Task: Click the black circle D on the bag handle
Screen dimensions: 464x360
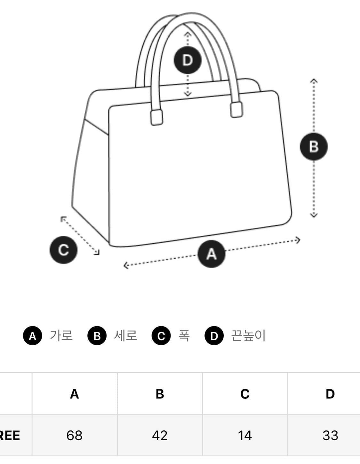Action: coord(188,60)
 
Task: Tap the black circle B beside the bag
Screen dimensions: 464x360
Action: coord(314,147)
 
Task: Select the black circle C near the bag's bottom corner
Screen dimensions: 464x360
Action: coord(63,250)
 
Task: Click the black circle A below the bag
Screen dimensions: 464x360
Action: coord(211,254)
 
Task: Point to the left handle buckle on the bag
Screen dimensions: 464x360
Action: coord(156,117)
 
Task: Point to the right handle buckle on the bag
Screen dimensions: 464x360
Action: coord(236,110)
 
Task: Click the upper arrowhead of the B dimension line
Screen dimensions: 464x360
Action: coord(314,80)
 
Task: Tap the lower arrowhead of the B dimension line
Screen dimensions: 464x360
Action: coord(314,215)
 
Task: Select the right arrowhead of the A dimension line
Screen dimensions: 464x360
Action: coord(298,240)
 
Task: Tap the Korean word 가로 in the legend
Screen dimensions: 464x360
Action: coord(61,336)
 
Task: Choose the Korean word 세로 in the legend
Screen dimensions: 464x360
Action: coord(125,336)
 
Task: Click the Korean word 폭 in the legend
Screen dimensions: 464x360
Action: coord(184,336)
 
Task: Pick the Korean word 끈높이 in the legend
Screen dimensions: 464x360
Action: coord(248,336)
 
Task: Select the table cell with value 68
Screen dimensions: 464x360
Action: coord(74,436)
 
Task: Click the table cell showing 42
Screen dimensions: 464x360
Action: coord(160,436)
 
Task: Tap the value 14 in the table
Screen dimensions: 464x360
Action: coord(245,436)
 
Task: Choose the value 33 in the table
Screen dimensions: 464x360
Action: coord(330,436)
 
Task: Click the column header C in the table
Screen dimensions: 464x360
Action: coord(245,394)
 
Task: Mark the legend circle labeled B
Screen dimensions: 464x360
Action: coord(97,336)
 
